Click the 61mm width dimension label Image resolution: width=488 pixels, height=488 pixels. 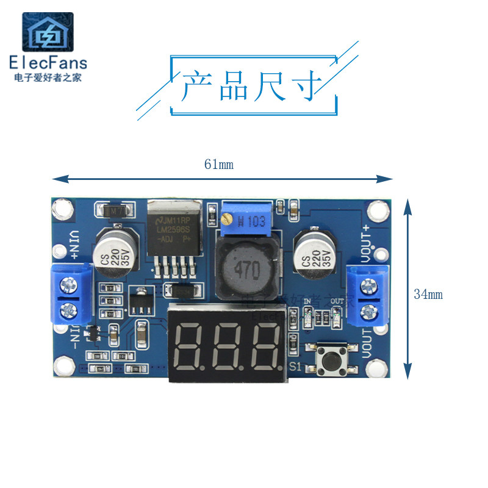tap(219, 164)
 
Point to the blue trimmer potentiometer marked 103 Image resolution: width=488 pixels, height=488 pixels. tap(244, 220)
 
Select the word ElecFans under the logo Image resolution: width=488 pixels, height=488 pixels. tap(48, 63)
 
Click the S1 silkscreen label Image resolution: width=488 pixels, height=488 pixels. tap(296, 367)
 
